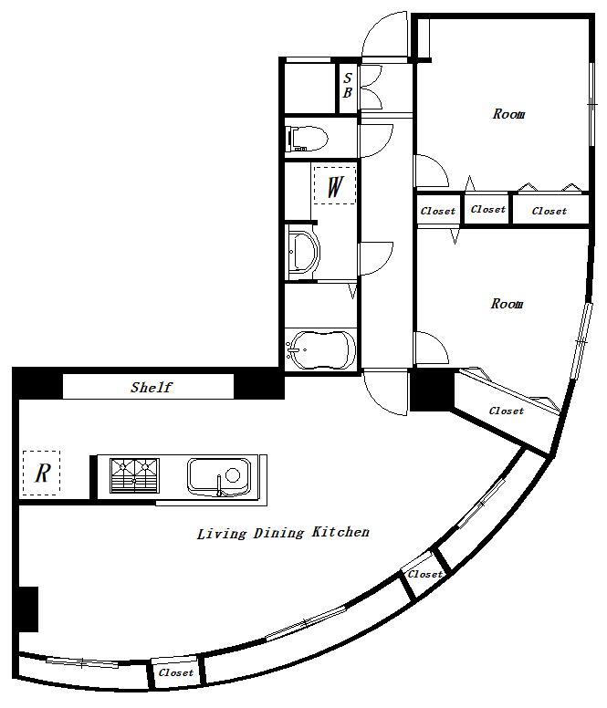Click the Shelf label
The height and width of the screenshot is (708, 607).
(x=151, y=387)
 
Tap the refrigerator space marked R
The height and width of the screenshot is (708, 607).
(x=42, y=473)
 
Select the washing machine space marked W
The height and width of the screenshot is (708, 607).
(x=335, y=185)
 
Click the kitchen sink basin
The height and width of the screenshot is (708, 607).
(x=219, y=477)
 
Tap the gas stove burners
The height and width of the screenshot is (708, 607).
(x=134, y=475)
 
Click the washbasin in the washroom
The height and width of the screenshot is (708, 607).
(x=304, y=251)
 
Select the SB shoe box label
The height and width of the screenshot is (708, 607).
(x=347, y=85)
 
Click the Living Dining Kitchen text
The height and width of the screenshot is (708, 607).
(x=283, y=533)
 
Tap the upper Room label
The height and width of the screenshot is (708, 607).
(x=508, y=114)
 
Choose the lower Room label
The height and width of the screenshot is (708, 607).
(x=507, y=304)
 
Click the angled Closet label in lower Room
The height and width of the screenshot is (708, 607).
(x=507, y=411)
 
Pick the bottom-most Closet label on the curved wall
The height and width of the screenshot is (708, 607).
(x=175, y=672)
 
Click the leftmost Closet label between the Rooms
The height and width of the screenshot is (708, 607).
(x=437, y=211)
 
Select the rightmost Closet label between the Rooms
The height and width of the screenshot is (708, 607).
(x=549, y=211)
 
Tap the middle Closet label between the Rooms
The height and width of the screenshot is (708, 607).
(x=487, y=209)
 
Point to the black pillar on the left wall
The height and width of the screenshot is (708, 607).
(x=28, y=609)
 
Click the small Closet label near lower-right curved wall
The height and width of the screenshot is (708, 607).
(x=425, y=574)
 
